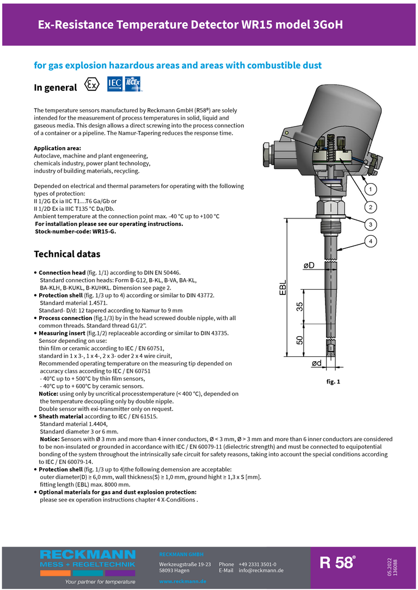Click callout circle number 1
point(370,190)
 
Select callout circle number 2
point(370,207)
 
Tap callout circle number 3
point(370,224)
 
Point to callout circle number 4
point(370,241)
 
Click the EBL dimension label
point(283,288)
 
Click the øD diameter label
point(309,266)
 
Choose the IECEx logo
point(133,84)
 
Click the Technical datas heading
point(67,254)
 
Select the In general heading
point(56,87)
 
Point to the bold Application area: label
point(57,148)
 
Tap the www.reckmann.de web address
point(182,581)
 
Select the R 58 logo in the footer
point(337,563)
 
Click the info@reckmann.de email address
point(261,570)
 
